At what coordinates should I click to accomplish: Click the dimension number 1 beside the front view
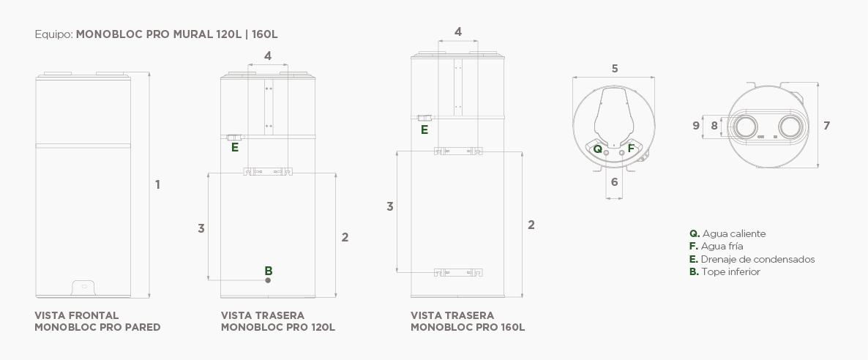(x=157, y=184)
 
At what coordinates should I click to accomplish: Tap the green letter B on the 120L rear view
(x=269, y=270)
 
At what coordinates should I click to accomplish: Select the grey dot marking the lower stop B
(x=269, y=280)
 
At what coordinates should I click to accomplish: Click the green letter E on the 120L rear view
(x=235, y=147)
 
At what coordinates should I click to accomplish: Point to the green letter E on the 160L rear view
(x=424, y=130)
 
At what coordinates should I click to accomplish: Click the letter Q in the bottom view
(x=598, y=148)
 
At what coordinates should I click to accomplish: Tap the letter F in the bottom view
(x=631, y=148)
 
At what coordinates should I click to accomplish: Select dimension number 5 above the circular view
(x=615, y=68)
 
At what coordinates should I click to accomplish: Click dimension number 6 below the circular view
(x=614, y=181)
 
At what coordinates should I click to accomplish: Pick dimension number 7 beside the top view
(x=826, y=125)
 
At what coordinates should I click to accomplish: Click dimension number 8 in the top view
(x=714, y=125)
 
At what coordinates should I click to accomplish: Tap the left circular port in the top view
(x=747, y=126)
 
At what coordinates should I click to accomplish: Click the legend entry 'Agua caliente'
(x=733, y=233)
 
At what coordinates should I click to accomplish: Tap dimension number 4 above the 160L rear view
(x=458, y=31)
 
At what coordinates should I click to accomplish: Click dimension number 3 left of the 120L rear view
(x=201, y=228)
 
